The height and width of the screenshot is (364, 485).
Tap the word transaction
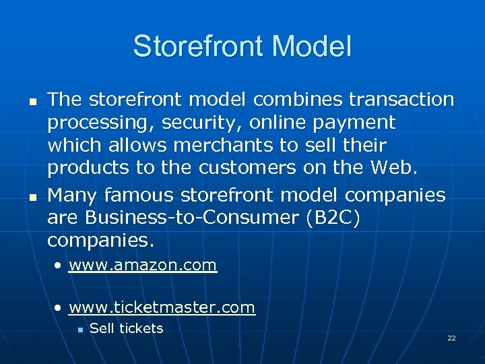point(401,100)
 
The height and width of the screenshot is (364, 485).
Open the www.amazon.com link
point(143,265)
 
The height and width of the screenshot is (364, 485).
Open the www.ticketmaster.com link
point(162,308)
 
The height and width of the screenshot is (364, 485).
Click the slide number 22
point(451,338)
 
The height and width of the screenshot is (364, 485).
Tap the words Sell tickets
point(126,328)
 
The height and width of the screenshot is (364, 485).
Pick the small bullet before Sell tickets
point(79,330)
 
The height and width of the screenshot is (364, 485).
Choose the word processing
point(90,123)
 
